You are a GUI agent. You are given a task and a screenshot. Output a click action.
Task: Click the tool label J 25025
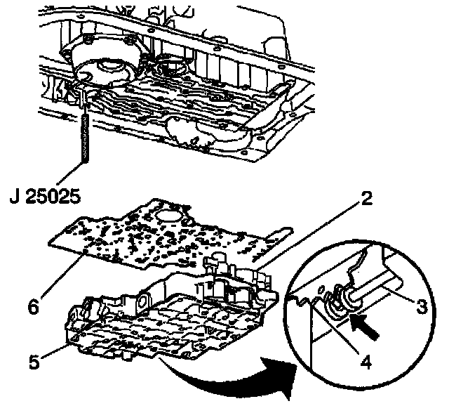coord(43,194)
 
